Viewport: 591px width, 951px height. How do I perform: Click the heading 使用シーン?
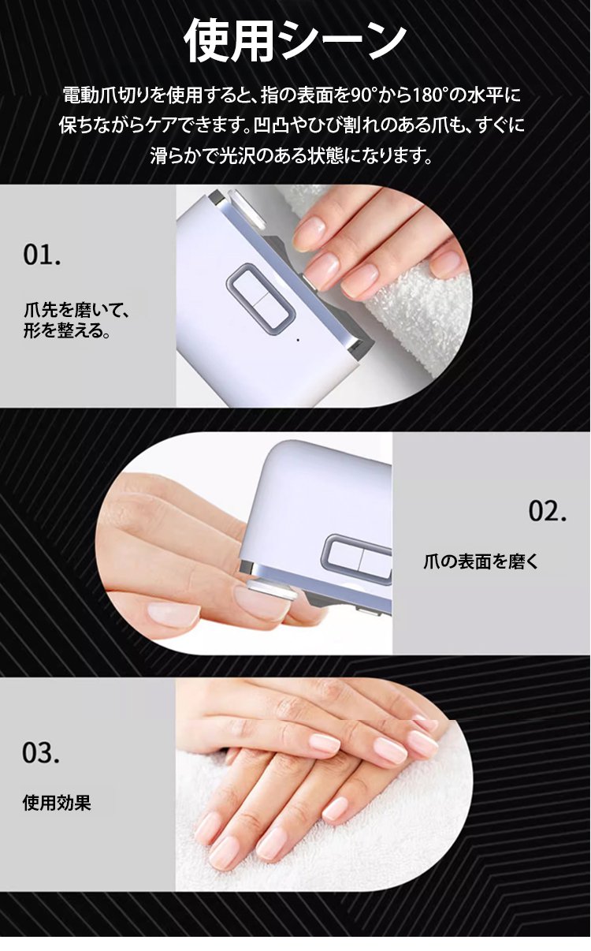[x=295, y=41]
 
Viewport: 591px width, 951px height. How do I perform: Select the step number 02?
[x=548, y=511]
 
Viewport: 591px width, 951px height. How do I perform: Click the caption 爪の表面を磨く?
[x=481, y=561]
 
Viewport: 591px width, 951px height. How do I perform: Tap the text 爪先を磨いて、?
[x=76, y=311]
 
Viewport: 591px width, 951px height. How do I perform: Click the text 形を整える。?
[x=67, y=330]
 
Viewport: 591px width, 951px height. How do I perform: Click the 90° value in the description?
[x=364, y=95]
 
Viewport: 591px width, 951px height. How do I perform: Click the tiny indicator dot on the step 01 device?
[x=298, y=340]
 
